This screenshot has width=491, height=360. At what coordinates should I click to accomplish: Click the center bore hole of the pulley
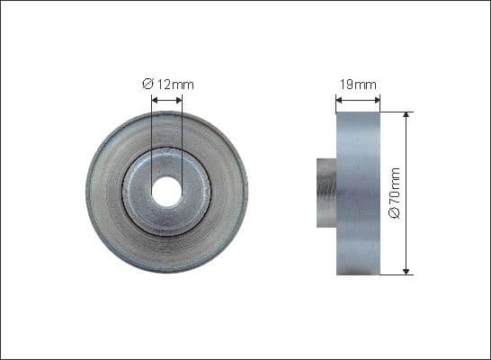(x=166, y=191)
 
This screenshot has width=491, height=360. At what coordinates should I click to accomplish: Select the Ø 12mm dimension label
(x=168, y=85)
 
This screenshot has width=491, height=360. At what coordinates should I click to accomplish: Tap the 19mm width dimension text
(x=358, y=85)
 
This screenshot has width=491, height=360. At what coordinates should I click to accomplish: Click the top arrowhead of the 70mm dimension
(x=407, y=116)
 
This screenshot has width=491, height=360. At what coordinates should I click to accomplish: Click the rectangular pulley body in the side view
(x=358, y=193)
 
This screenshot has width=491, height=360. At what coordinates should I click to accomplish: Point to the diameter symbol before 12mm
(x=147, y=85)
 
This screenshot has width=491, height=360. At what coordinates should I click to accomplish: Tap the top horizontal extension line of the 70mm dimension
(x=396, y=112)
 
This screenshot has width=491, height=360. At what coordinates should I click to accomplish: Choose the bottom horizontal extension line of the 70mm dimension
(x=396, y=274)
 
